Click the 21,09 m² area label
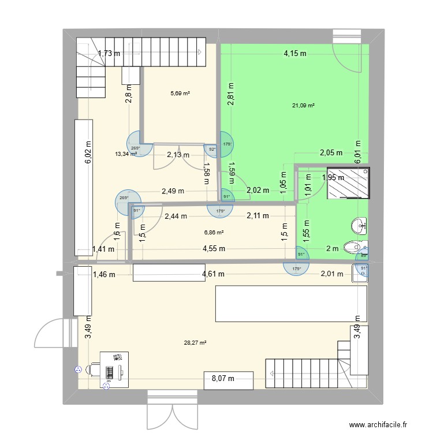(x=303, y=106)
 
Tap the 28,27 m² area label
(x=196, y=342)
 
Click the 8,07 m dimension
(x=223, y=379)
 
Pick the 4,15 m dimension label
(x=294, y=54)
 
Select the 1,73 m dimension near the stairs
(x=109, y=54)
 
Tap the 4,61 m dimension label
(x=213, y=275)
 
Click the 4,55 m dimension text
(x=214, y=249)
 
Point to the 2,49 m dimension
(x=173, y=191)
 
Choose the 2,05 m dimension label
(x=331, y=153)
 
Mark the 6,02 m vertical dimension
(x=88, y=152)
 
